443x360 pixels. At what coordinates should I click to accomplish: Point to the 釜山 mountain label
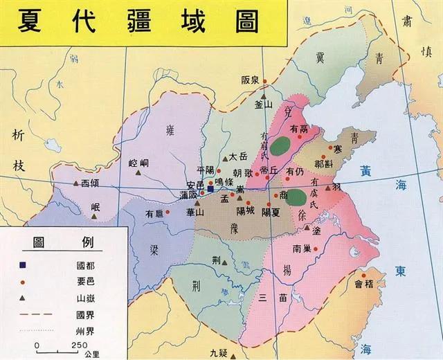pos(264,105)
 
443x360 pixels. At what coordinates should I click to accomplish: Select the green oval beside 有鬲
pos(280,145)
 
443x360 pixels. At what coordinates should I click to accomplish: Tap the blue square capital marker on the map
pos(210,188)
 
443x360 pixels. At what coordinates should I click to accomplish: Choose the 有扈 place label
pos(154,215)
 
